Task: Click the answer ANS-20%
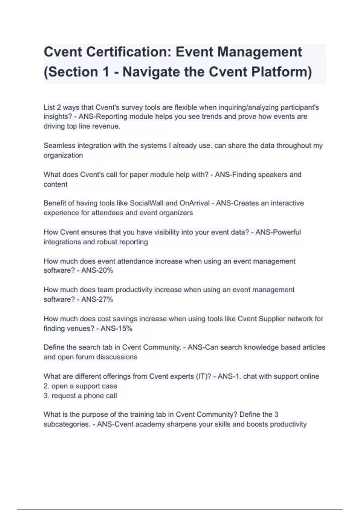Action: [97, 271]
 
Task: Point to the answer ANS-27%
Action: [97, 299]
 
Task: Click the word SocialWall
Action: [146, 203]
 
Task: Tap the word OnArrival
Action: [194, 203]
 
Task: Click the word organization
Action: [63, 155]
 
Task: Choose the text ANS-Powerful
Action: [278, 232]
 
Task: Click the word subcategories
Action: [67, 424]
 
